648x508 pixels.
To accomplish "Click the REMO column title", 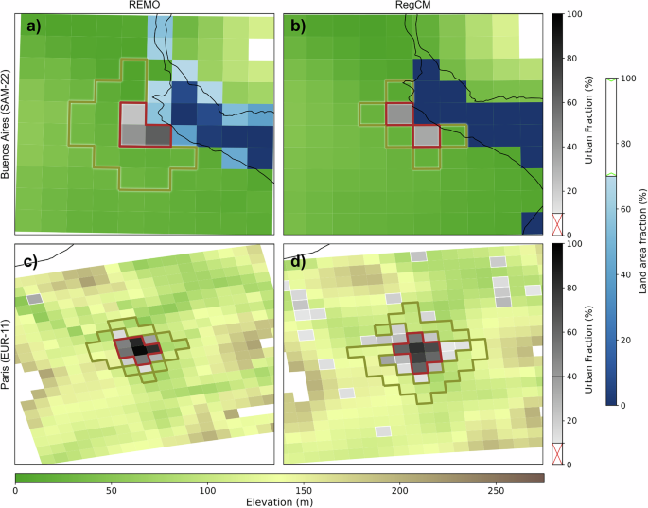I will click(145, 6).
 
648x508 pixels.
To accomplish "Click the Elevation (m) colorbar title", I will click(280, 501).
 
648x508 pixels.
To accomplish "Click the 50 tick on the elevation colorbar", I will click(112, 491).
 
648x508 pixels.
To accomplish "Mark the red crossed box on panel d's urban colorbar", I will click(558, 454).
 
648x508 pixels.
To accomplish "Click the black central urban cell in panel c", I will click(139, 350).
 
